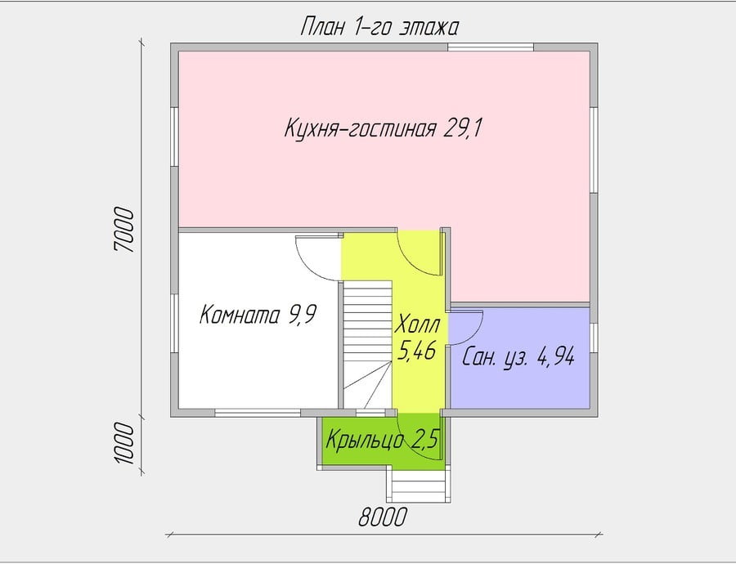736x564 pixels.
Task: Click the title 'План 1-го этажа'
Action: tap(379, 27)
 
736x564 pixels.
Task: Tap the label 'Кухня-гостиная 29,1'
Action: tap(383, 128)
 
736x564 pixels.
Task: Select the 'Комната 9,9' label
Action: tap(258, 315)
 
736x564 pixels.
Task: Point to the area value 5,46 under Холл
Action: tap(417, 350)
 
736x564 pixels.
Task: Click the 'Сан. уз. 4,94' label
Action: tap(518, 358)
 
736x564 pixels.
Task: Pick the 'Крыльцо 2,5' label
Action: tap(382, 440)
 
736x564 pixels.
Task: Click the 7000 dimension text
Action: tap(124, 230)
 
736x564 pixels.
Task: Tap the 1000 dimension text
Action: tap(124, 443)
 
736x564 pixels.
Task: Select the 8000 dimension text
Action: tap(383, 518)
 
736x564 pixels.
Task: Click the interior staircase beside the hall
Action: tap(367, 345)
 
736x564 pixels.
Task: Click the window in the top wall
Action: tap(491, 47)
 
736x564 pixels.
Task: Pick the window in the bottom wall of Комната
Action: tap(258, 413)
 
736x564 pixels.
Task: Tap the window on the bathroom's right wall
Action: tap(594, 338)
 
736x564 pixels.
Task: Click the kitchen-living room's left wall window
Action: tap(174, 137)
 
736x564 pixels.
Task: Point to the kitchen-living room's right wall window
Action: tap(594, 150)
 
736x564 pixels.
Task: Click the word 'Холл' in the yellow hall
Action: tap(418, 325)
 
